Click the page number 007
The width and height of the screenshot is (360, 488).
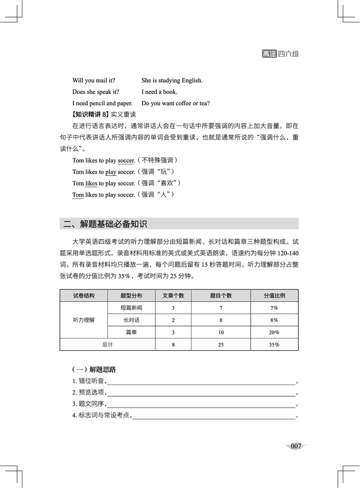pyautogui.click(x=296, y=446)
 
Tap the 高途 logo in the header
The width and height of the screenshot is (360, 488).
pyautogui.click(x=269, y=54)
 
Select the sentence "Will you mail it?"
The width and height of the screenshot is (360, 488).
pyautogui.click(x=96, y=81)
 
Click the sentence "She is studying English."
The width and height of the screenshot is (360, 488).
pyautogui.click(x=172, y=81)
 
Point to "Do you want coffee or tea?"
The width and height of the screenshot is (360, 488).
pyautogui.click(x=175, y=103)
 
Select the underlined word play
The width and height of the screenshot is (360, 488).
pyautogui.click(x=111, y=172)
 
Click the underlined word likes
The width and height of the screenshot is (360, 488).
pyautogui.click(x=91, y=183)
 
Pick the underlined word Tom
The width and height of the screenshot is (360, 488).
pyautogui.click(x=78, y=195)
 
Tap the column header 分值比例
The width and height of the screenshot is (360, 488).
pyautogui.click(x=274, y=296)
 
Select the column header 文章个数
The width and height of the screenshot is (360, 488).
pyautogui.click(x=173, y=296)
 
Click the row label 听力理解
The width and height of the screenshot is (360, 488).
pyautogui.click(x=84, y=320)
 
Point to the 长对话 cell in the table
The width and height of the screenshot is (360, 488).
pyautogui.click(x=131, y=320)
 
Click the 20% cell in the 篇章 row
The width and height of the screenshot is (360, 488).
pyautogui.click(x=274, y=332)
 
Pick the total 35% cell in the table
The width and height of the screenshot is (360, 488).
pyautogui.click(x=274, y=344)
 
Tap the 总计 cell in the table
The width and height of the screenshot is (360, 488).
pyautogui.click(x=107, y=344)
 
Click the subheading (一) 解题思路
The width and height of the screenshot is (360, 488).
pyautogui.click(x=94, y=370)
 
